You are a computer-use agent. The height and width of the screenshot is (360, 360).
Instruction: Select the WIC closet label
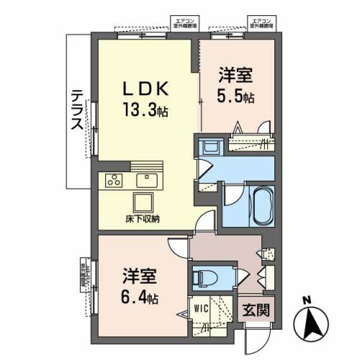coord(201,310)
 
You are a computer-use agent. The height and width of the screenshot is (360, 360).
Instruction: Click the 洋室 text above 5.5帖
coord(235,73)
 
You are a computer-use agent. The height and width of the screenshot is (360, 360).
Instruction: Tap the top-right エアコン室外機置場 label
coord(260,21)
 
